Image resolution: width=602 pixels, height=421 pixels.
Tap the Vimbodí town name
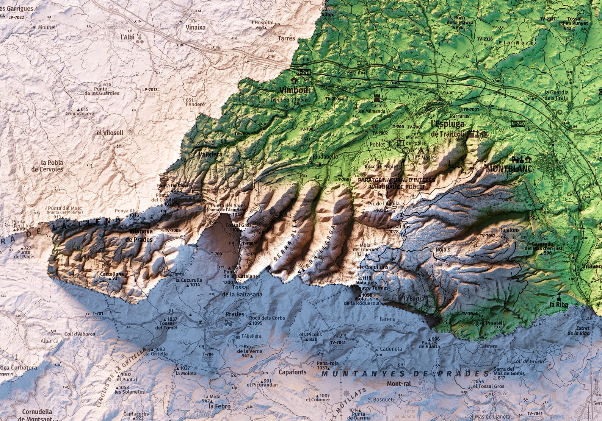click(x=295, y=90)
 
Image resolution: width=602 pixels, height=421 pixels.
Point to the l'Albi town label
click(x=127, y=37)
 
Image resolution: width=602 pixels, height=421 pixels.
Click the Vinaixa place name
click(x=196, y=27)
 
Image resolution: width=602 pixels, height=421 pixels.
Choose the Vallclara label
click(x=210, y=154)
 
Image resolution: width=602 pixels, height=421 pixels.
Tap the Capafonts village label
click(x=292, y=372)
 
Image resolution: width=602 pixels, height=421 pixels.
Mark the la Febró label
click(x=219, y=406)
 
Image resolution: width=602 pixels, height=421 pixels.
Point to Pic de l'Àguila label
click(x=384, y=204)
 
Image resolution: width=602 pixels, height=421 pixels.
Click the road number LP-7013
click(x=150, y=90)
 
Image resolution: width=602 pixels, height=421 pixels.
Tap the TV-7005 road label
click(x=172, y=230)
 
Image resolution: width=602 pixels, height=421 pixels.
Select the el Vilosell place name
click(x=110, y=133)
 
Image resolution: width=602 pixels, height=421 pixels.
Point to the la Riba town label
click(x=558, y=304)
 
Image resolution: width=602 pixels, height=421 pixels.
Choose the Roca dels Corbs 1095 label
click(x=261, y=320)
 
